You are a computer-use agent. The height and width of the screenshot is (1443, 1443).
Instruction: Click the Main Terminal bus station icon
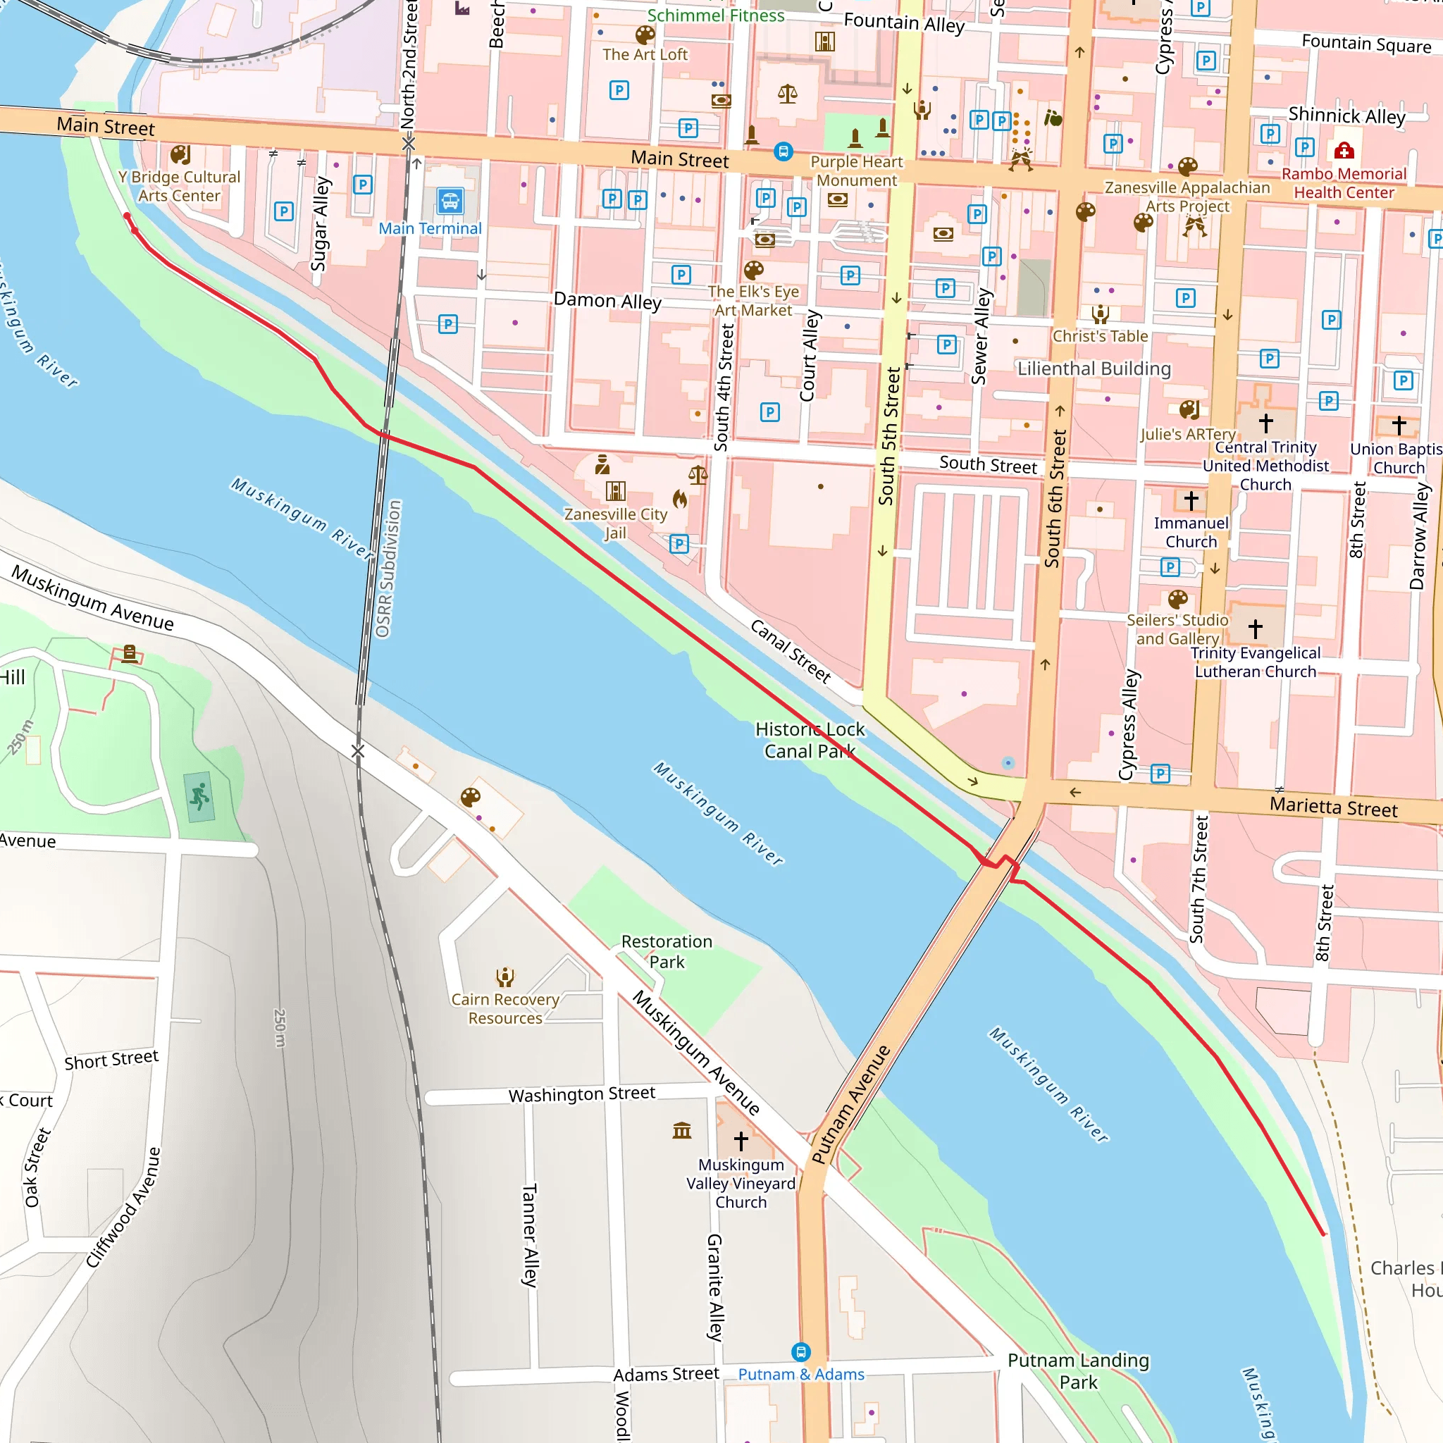click(450, 201)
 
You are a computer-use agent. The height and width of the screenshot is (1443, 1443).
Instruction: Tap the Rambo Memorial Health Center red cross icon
click(1344, 151)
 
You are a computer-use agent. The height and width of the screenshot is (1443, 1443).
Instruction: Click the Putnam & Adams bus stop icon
click(800, 1351)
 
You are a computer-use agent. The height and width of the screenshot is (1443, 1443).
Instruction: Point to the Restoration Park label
click(667, 951)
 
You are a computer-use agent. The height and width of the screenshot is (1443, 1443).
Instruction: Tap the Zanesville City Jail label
click(615, 523)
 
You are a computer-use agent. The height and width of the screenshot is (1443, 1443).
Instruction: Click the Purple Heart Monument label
click(857, 171)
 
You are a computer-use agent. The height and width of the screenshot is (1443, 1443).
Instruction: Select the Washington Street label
click(582, 1094)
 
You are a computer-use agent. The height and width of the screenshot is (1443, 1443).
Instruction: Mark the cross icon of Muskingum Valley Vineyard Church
click(741, 1141)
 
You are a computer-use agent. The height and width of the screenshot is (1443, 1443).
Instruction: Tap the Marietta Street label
click(1333, 807)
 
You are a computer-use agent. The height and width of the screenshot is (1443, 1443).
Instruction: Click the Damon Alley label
click(607, 301)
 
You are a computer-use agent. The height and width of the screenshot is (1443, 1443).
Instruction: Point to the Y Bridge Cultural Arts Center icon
click(180, 154)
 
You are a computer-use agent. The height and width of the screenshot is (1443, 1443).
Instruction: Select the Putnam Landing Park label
click(1078, 1370)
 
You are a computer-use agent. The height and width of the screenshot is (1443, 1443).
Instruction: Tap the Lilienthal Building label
click(1094, 369)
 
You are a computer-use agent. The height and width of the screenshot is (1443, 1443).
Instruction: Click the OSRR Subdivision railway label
click(388, 569)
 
